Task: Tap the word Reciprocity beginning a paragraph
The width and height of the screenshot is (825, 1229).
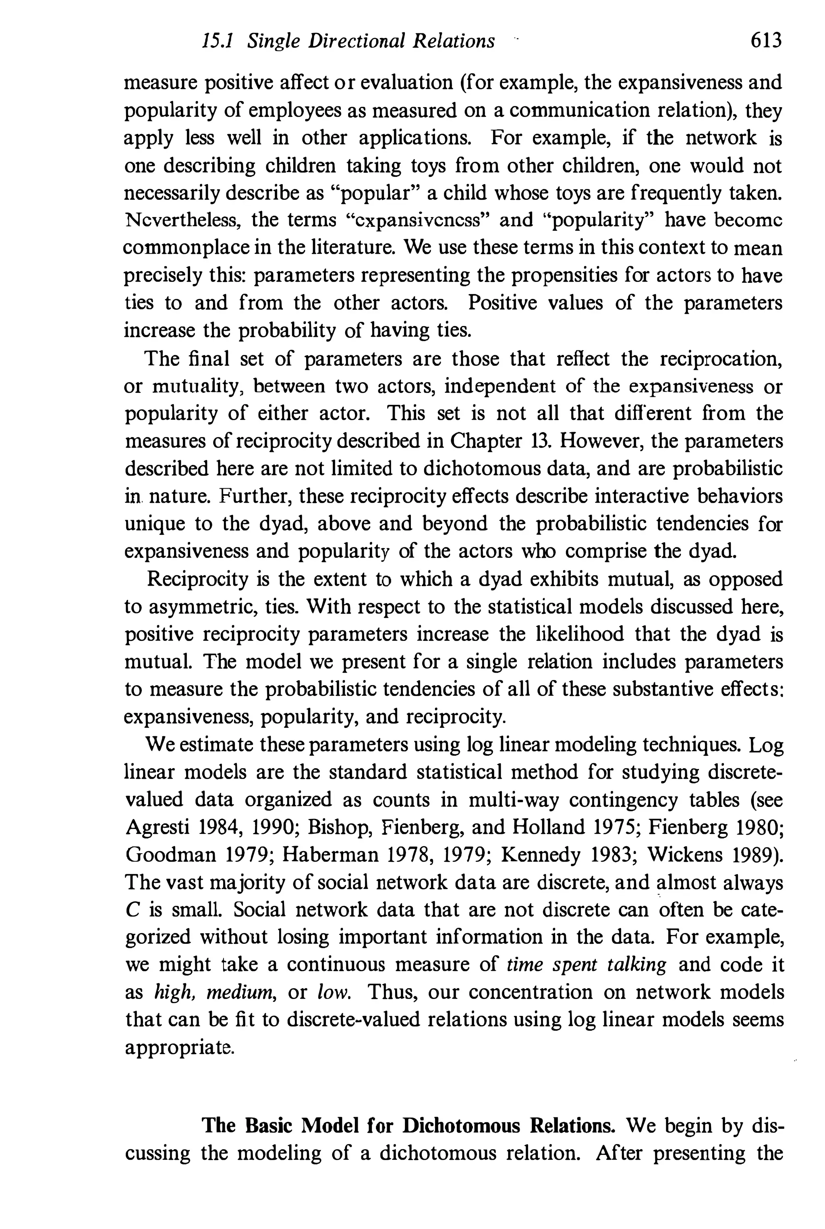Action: pyautogui.click(x=197, y=579)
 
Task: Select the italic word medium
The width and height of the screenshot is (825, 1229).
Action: pyautogui.click(x=240, y=992)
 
